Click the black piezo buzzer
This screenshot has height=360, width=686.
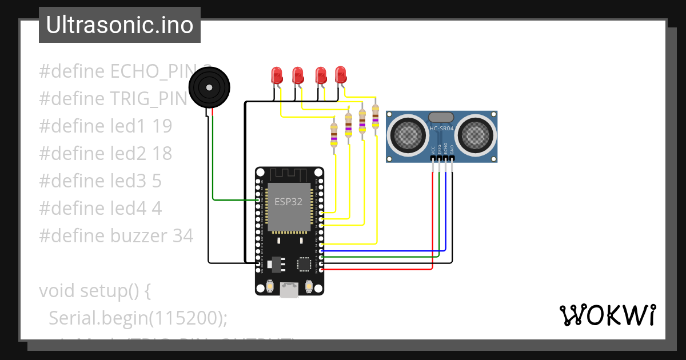(209, 87)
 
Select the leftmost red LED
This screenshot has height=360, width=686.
(277, 75)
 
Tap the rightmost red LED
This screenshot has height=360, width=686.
(341, 74)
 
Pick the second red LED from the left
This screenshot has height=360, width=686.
(298, 75)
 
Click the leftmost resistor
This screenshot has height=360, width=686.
(334, 134)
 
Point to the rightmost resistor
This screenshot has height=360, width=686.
(375, 117)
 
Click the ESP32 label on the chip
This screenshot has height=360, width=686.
(288, 201)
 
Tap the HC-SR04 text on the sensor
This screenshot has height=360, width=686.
(441, 129)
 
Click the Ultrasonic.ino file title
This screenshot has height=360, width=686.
(119, 25)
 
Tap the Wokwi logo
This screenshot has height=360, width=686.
(607, 315)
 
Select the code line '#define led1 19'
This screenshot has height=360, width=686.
(106, 126)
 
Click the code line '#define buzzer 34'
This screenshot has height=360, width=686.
(116, 235)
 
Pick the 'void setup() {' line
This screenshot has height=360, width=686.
(95, 290)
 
